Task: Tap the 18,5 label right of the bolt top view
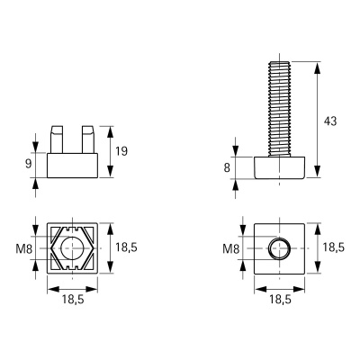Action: coord(333,247)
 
